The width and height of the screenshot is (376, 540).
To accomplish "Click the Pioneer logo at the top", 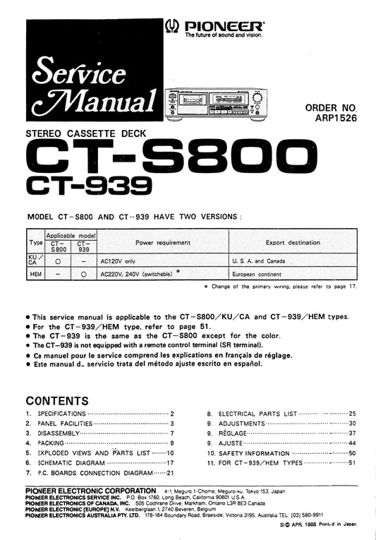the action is tap(214, 27).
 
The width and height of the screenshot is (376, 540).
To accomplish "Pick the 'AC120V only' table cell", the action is tap(122, 260).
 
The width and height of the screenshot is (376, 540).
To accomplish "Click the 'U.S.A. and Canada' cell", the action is tap(258, 260).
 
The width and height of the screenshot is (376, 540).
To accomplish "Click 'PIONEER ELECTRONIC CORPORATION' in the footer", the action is tap(90, 490).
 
